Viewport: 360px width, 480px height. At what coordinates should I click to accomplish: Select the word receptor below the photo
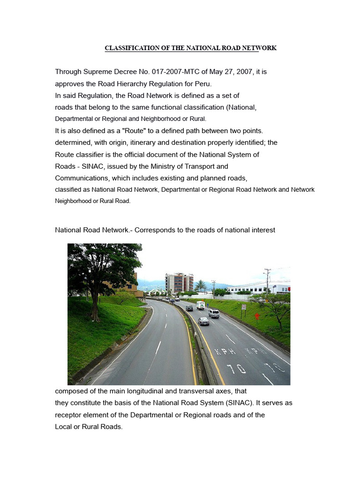[69, 415]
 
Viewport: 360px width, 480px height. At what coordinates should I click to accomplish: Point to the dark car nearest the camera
[203, 321]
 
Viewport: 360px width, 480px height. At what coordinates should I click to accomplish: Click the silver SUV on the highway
[214, 313]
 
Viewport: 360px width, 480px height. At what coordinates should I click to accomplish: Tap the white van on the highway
[200, 305]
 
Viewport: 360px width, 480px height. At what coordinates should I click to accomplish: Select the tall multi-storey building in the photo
[179, 283]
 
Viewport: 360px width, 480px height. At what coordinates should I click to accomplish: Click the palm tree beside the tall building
[201, 285]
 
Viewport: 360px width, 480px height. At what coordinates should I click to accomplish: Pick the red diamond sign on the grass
[257, 316]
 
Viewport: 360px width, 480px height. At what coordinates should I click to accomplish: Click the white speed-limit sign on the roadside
[243, 307]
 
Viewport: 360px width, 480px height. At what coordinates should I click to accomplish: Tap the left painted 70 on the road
[237, 368]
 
